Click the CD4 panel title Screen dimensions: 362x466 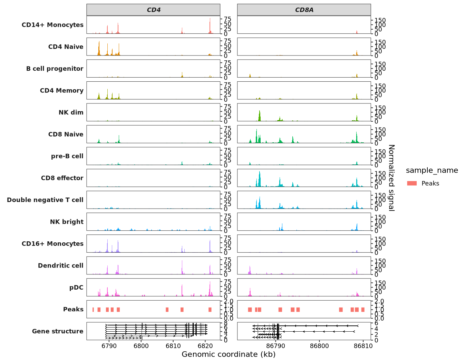(x=154, y=10)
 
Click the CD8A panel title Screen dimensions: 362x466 (x=304, y=10)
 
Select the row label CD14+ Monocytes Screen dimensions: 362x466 (x=52, y=25)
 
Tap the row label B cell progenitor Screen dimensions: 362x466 (x=55, y=69)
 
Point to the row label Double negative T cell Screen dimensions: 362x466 (x=45, y=200)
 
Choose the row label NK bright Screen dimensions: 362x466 (x=67, y=222)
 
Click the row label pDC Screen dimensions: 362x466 (x=76, y=288)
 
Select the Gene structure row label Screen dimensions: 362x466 (x=58, y=331)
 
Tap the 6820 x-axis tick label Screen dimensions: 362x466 (x=205, y=345)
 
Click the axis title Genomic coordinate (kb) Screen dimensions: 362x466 (x=229, y=354)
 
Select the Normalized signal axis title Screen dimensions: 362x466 (x=391, y=178)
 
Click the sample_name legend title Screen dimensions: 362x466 (x=432, y=170)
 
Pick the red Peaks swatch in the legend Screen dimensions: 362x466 (x=412, y=183)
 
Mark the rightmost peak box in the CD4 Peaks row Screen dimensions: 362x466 (x=210, y=310)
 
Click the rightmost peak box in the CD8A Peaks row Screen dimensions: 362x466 (x=363, y=310)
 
